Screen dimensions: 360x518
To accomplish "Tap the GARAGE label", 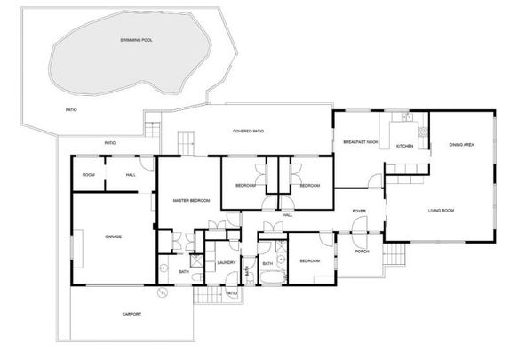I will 113,236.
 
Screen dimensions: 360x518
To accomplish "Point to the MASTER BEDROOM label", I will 191,201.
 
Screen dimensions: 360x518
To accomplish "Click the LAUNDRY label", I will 226,263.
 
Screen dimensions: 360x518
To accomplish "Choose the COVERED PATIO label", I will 248,131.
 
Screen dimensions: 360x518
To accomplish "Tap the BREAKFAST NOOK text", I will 361,142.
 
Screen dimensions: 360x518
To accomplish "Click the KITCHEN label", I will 404,146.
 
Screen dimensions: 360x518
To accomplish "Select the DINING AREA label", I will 460,144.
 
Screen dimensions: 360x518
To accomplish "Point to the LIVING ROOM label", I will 441,210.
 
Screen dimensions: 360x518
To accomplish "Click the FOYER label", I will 359,211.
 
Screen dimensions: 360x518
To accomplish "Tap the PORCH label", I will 362,251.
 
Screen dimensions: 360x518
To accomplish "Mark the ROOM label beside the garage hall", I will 88,175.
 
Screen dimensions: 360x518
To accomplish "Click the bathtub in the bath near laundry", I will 272,278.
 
